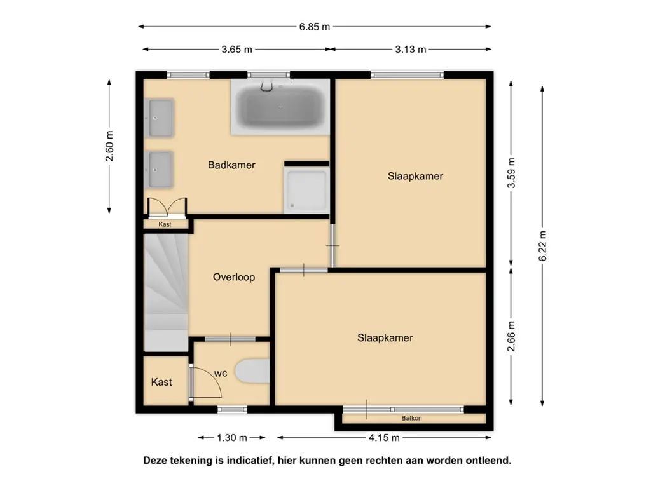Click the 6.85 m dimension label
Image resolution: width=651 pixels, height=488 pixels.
(314, 27)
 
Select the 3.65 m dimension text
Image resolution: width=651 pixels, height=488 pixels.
(236, 50)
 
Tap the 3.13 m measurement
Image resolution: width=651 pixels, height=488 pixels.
(410, 50)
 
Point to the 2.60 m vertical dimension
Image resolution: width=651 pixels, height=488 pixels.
(109, 146)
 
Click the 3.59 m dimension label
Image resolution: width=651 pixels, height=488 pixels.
(511, 173)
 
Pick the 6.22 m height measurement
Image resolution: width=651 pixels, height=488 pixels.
(543, 246)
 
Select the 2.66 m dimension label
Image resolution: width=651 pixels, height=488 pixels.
(511, 336)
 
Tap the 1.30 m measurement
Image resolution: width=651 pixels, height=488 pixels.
(232, 437)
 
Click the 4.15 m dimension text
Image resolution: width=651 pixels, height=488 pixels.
(384, 437)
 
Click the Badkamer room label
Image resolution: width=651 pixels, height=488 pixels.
(231, 165)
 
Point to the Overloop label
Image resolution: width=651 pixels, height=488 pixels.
(234, 277)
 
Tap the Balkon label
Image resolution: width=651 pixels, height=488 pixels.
(411, 418)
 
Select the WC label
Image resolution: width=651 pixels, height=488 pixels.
(221, 374)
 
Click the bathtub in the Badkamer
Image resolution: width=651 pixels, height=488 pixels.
(280, 107)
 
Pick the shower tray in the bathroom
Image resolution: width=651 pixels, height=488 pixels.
(306, 190)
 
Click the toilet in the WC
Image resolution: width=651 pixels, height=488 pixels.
(252, 371)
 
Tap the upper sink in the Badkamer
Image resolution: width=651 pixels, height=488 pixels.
(160, 118)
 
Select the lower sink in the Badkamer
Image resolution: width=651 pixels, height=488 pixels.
(160, 170)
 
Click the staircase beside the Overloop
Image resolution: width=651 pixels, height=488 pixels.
(166, 292)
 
